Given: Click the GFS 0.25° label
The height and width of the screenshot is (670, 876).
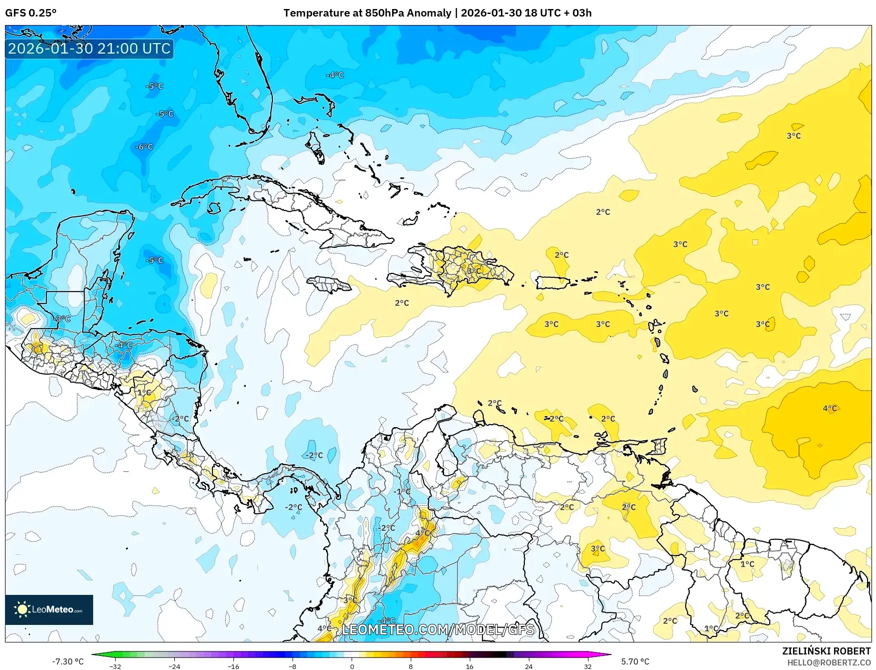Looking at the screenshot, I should tap(31, 13).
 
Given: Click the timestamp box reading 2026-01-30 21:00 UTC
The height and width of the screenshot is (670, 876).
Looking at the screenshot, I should tap(89, 49).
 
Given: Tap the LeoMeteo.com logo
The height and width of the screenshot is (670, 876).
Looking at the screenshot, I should tap(49, 609).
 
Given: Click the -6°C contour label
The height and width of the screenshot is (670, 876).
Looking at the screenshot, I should tap(144, 147).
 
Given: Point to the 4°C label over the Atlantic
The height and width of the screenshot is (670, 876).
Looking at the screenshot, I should tap(829, 408).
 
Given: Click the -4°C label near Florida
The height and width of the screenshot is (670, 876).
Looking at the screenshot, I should tap(335, 75).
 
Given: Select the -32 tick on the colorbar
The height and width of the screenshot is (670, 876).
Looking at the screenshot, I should tap(115, 666).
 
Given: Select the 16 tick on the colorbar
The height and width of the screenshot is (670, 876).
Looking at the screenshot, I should tap(469, 666).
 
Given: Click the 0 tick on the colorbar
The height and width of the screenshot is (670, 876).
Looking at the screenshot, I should tap(352, 666).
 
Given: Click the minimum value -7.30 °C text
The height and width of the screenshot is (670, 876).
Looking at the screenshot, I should tap(68, 661).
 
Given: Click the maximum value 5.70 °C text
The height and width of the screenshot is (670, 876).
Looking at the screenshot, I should tap(635, 661).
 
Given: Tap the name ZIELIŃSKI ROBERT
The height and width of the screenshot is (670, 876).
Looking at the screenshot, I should tap(826, 651).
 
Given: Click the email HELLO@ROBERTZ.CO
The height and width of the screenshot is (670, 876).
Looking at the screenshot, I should tap(829, 662).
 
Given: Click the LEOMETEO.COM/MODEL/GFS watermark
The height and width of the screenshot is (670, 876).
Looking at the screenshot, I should tap(438, 629).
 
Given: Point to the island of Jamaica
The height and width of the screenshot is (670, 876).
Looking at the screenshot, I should tap(330, 285).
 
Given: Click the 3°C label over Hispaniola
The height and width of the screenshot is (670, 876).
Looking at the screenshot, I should tap(474, 271).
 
